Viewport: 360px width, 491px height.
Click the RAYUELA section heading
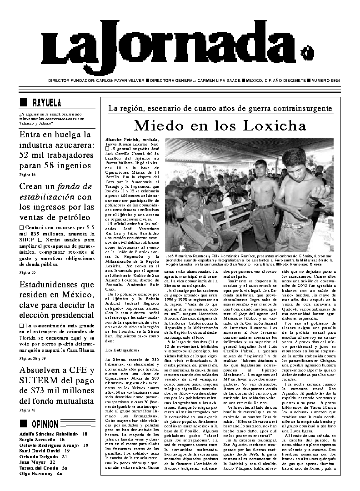46,103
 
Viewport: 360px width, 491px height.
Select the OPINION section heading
45,424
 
